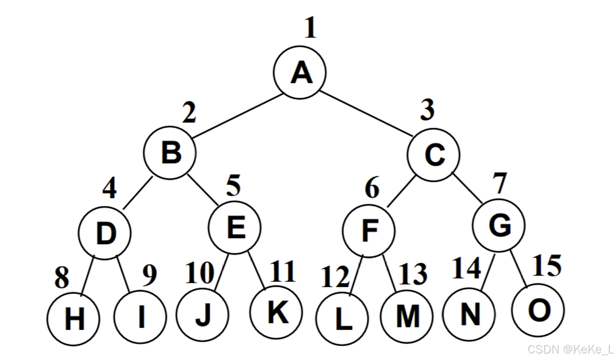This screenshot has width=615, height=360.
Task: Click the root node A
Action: click(x=300, y=72)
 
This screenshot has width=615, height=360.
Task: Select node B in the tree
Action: click(x=170, y=153)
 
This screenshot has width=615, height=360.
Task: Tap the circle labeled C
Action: click(x=433, y=155)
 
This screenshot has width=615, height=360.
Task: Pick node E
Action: click(x=235, y=227)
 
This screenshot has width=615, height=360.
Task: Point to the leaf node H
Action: click(x=73, y=319)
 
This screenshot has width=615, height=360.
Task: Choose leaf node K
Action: click(x=276, y=312)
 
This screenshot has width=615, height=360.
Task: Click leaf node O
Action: click(x=538, y=310)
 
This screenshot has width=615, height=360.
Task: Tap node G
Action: click(x=499, y=225)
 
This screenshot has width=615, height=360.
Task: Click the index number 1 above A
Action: click(x=310, y=27)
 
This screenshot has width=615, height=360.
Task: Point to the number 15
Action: click(x=547, y=265)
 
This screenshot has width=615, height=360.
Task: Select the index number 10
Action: click(x=200, y=273)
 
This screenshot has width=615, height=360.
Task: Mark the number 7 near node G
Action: click(x=500, y=183)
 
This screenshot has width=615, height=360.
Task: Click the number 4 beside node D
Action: click(x=109, y=188)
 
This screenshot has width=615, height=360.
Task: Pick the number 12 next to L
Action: click(x=335, y=277)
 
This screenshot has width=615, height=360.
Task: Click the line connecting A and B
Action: click(x=237, y=116)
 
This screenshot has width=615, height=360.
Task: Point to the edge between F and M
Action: click(x=389, y=273)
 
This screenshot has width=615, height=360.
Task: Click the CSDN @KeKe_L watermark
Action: click(x=570, y=349)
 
